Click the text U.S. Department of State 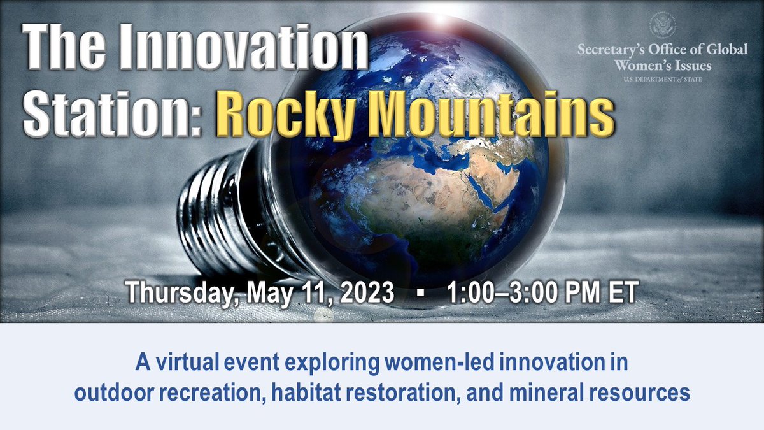(x=662, y=79)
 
